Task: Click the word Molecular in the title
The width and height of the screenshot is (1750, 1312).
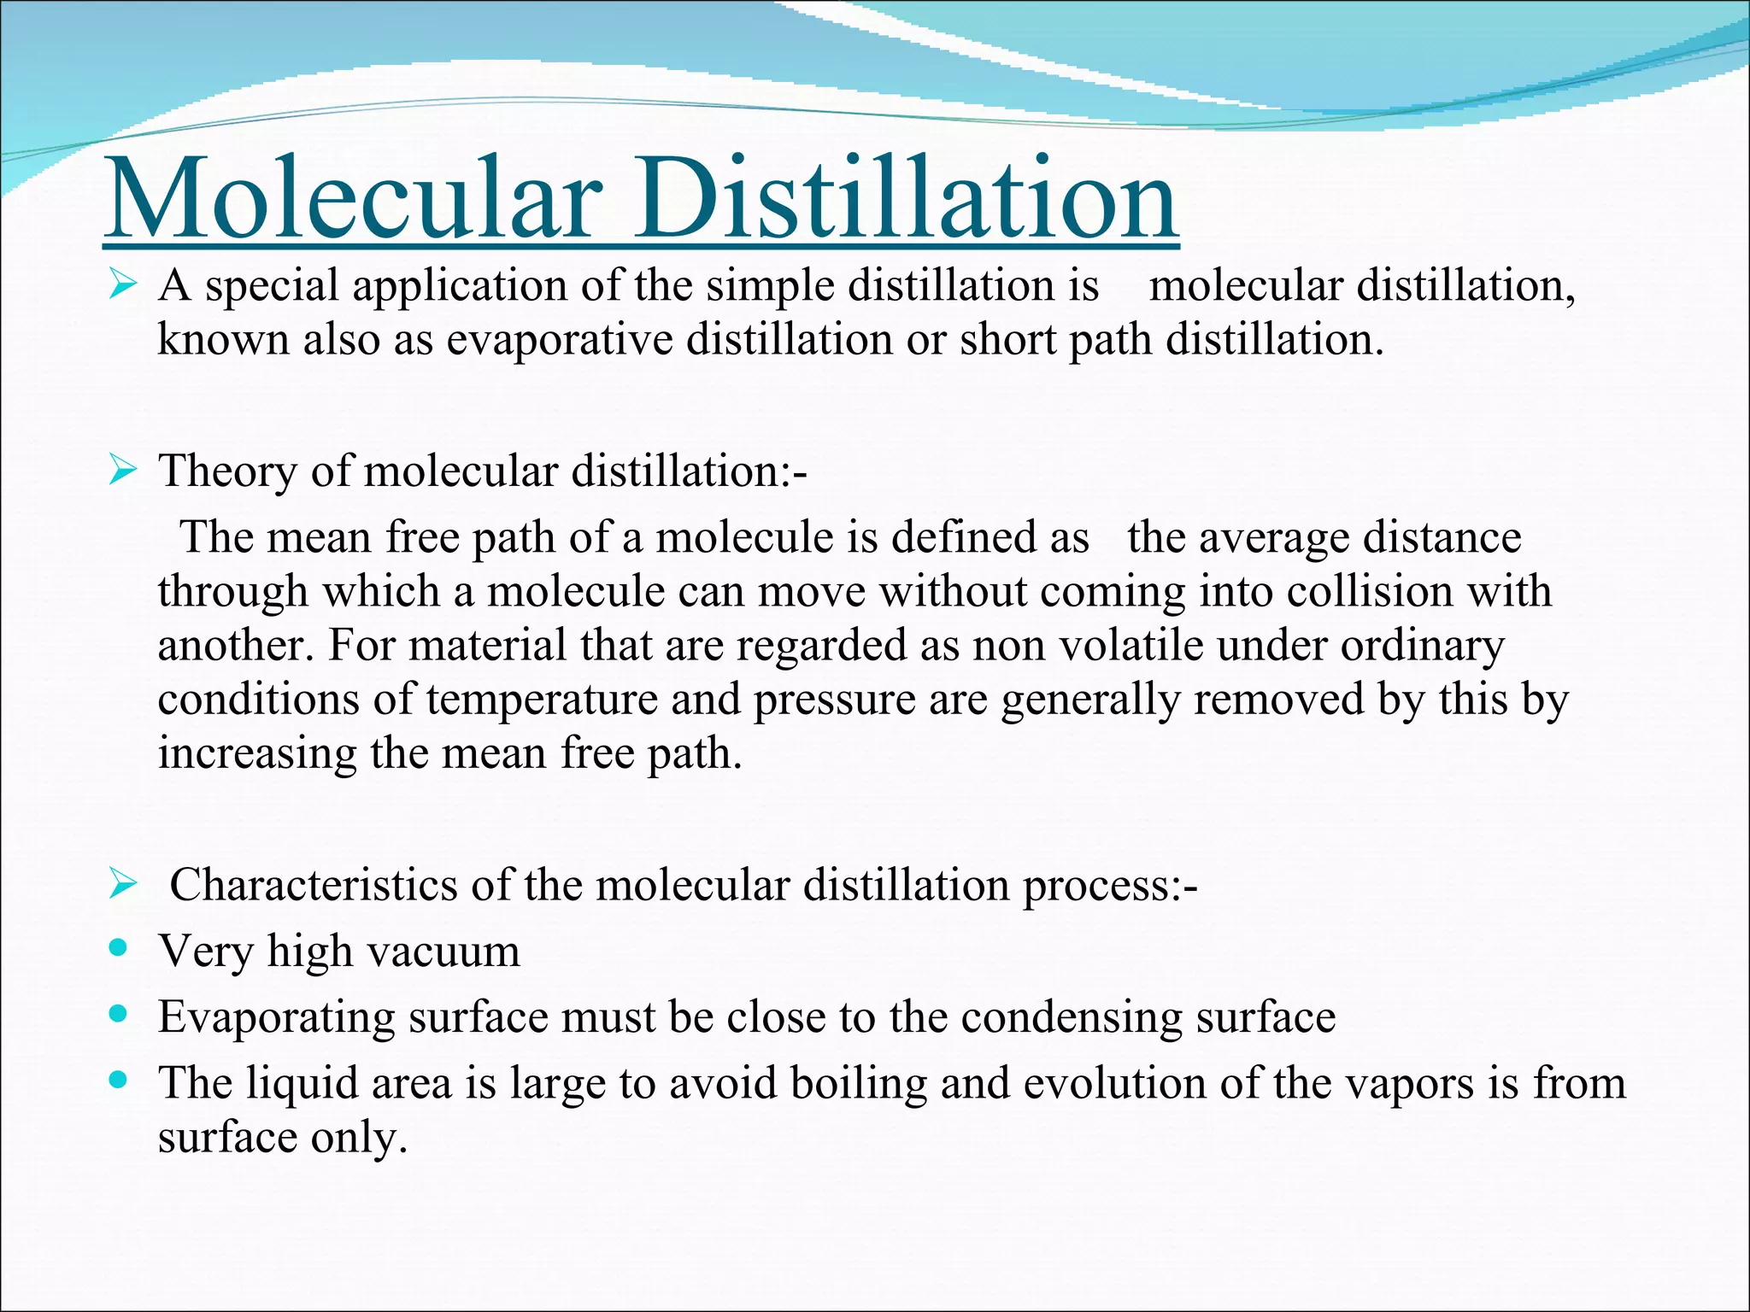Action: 351,198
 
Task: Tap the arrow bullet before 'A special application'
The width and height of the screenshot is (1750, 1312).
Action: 123,284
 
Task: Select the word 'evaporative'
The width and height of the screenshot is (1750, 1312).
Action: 560,340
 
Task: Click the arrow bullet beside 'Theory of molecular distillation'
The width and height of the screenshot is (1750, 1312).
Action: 123,471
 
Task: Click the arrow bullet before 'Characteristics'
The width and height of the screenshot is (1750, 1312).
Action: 123,885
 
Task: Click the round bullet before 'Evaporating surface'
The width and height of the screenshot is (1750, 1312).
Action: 120,1014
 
